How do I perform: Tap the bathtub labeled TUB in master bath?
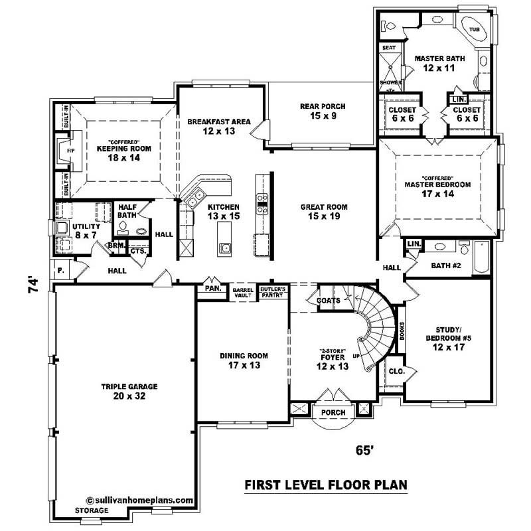475,30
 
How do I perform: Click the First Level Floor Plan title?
325,485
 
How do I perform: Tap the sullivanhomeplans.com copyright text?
139,501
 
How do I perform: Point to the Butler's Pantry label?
272,291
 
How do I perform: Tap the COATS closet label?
329,301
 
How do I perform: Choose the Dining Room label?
244,360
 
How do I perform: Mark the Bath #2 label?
446,265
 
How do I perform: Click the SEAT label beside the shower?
388,48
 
